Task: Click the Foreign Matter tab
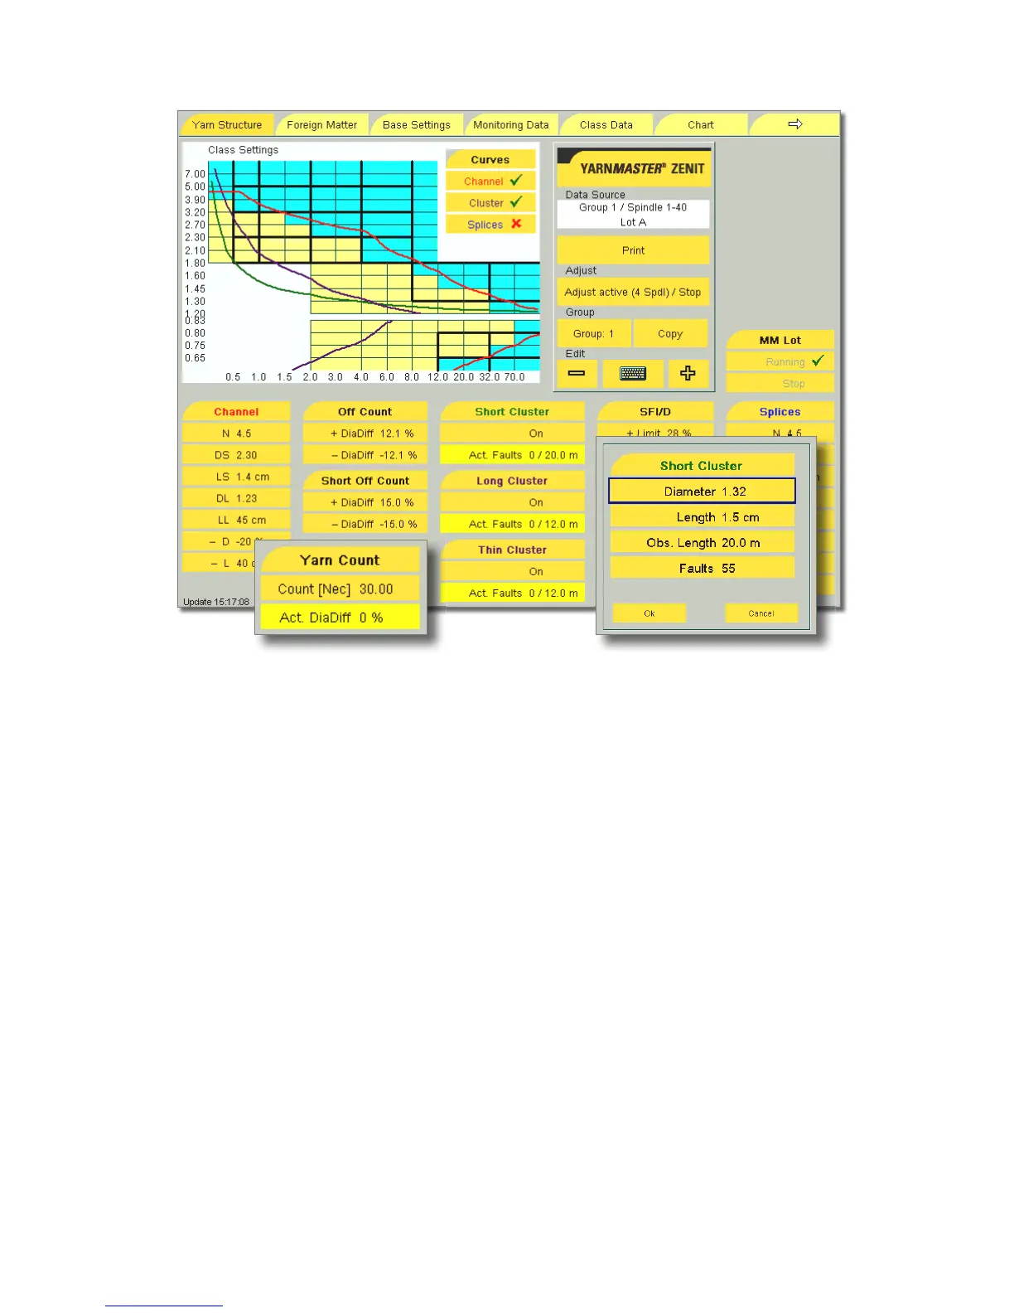[x=321, y=125]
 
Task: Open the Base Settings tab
[x=416, y=125]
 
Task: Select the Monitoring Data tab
[x=510, y=125]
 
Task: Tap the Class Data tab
[x=606, y=125]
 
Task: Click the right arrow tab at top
[x=794, y=124]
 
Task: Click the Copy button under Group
[x=670, y=334]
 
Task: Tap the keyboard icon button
[x=632, y=374]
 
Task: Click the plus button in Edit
[x=688, y=374]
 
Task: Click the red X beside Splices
[x=516, y=224]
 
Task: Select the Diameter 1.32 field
[x=703, y=492]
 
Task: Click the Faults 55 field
[x=703, y=569]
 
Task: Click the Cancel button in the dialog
[x=760, y=613]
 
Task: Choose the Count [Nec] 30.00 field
[x=340, y=589]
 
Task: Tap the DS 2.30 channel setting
[x=236, y=455]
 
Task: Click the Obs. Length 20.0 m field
[x=703, y=543]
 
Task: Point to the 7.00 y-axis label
[x=195, y=174]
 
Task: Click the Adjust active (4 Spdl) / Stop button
[x=633, y=293]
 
